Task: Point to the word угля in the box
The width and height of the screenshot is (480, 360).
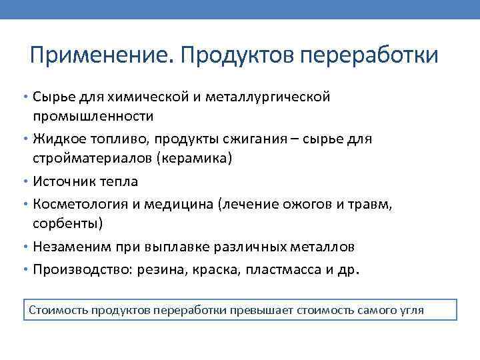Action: (411, 311)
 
